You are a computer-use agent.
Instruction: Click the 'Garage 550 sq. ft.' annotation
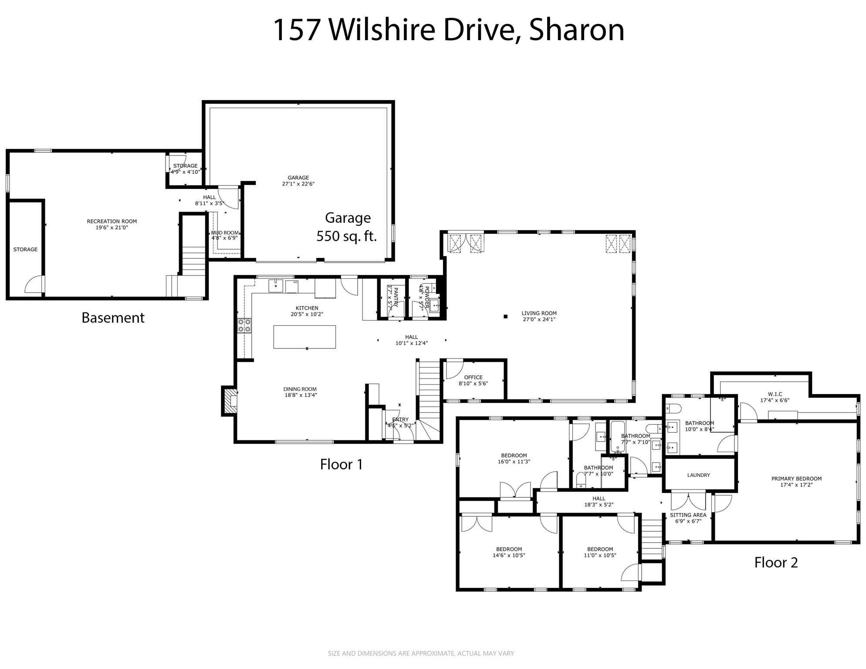(347, 227)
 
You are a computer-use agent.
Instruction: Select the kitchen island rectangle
(304, 337)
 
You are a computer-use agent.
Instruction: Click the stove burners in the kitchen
(244, 326)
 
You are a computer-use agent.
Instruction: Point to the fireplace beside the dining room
(230, 401)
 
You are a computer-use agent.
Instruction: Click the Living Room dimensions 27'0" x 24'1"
(539, 319)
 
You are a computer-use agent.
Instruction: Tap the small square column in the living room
(505, 317)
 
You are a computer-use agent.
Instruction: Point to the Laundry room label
(698, 475)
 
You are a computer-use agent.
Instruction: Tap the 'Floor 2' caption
(776, 562)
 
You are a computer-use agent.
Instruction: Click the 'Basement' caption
(113, 318)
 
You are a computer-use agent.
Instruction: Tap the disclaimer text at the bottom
(421, 653)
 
